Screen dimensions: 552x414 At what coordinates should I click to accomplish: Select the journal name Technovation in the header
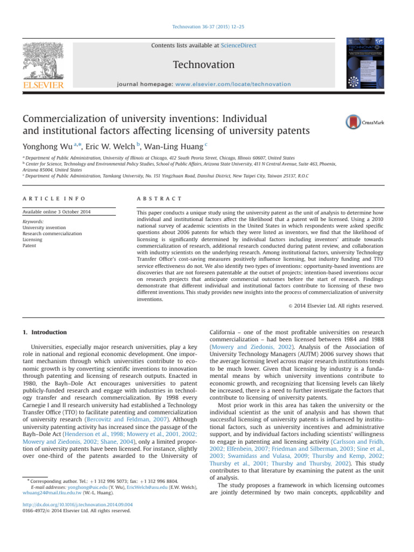(x=203, y=65)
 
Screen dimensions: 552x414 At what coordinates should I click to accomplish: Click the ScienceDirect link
(x=238, y=46)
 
